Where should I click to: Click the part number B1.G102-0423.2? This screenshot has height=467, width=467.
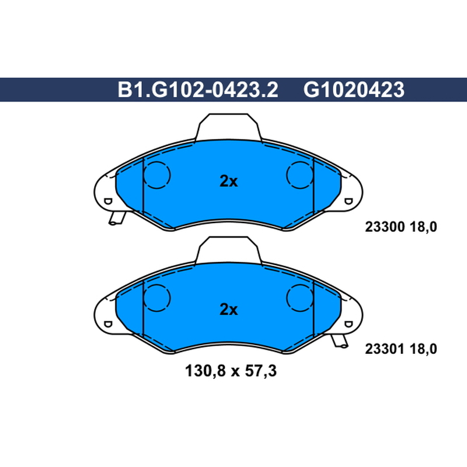(x=198, y=90)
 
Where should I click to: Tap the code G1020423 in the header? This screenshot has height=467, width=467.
(x=354, y=90)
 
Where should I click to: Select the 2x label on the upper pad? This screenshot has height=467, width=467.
(x=229, y=181)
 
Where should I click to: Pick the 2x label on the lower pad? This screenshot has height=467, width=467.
(x=229, y=309)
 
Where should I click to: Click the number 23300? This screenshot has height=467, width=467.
(x=385, y=227)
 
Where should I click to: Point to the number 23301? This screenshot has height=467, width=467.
(x=385, y=348)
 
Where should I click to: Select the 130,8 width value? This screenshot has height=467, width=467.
(x=205, y=371)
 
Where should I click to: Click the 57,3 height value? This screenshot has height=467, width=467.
(x=260, y=371)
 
